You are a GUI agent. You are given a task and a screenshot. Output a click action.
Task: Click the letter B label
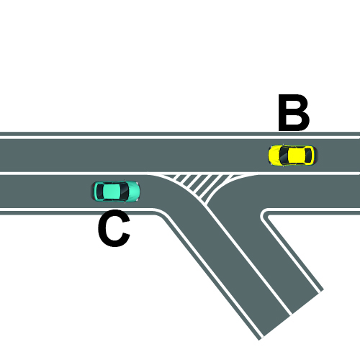point(294,112)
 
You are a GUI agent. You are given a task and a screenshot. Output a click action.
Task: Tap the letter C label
point(114,228)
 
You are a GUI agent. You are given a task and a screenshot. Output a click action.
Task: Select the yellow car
point(292,155)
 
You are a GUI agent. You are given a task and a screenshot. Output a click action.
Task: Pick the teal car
point(117,192)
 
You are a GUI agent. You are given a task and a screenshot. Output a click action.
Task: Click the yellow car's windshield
point(284,155)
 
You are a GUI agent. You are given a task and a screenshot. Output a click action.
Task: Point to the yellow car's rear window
point(308,156)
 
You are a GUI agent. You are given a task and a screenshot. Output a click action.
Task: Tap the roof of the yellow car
point(297,155)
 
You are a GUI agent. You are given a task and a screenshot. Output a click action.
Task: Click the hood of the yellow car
point(274,155)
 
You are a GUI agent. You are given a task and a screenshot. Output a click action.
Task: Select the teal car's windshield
point(124,192)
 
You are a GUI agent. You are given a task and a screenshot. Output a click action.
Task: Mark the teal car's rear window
point(100,192)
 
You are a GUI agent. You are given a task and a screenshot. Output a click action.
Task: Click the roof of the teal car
point(112,192)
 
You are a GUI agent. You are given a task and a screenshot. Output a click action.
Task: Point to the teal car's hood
point(134,192)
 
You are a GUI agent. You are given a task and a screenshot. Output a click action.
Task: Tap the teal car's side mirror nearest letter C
point(125,202)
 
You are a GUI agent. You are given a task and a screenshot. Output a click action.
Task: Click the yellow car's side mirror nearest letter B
point(283,145)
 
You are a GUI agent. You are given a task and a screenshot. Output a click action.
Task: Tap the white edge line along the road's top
point(180,138)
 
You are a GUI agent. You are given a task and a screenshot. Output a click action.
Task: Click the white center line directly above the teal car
point(117,174)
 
